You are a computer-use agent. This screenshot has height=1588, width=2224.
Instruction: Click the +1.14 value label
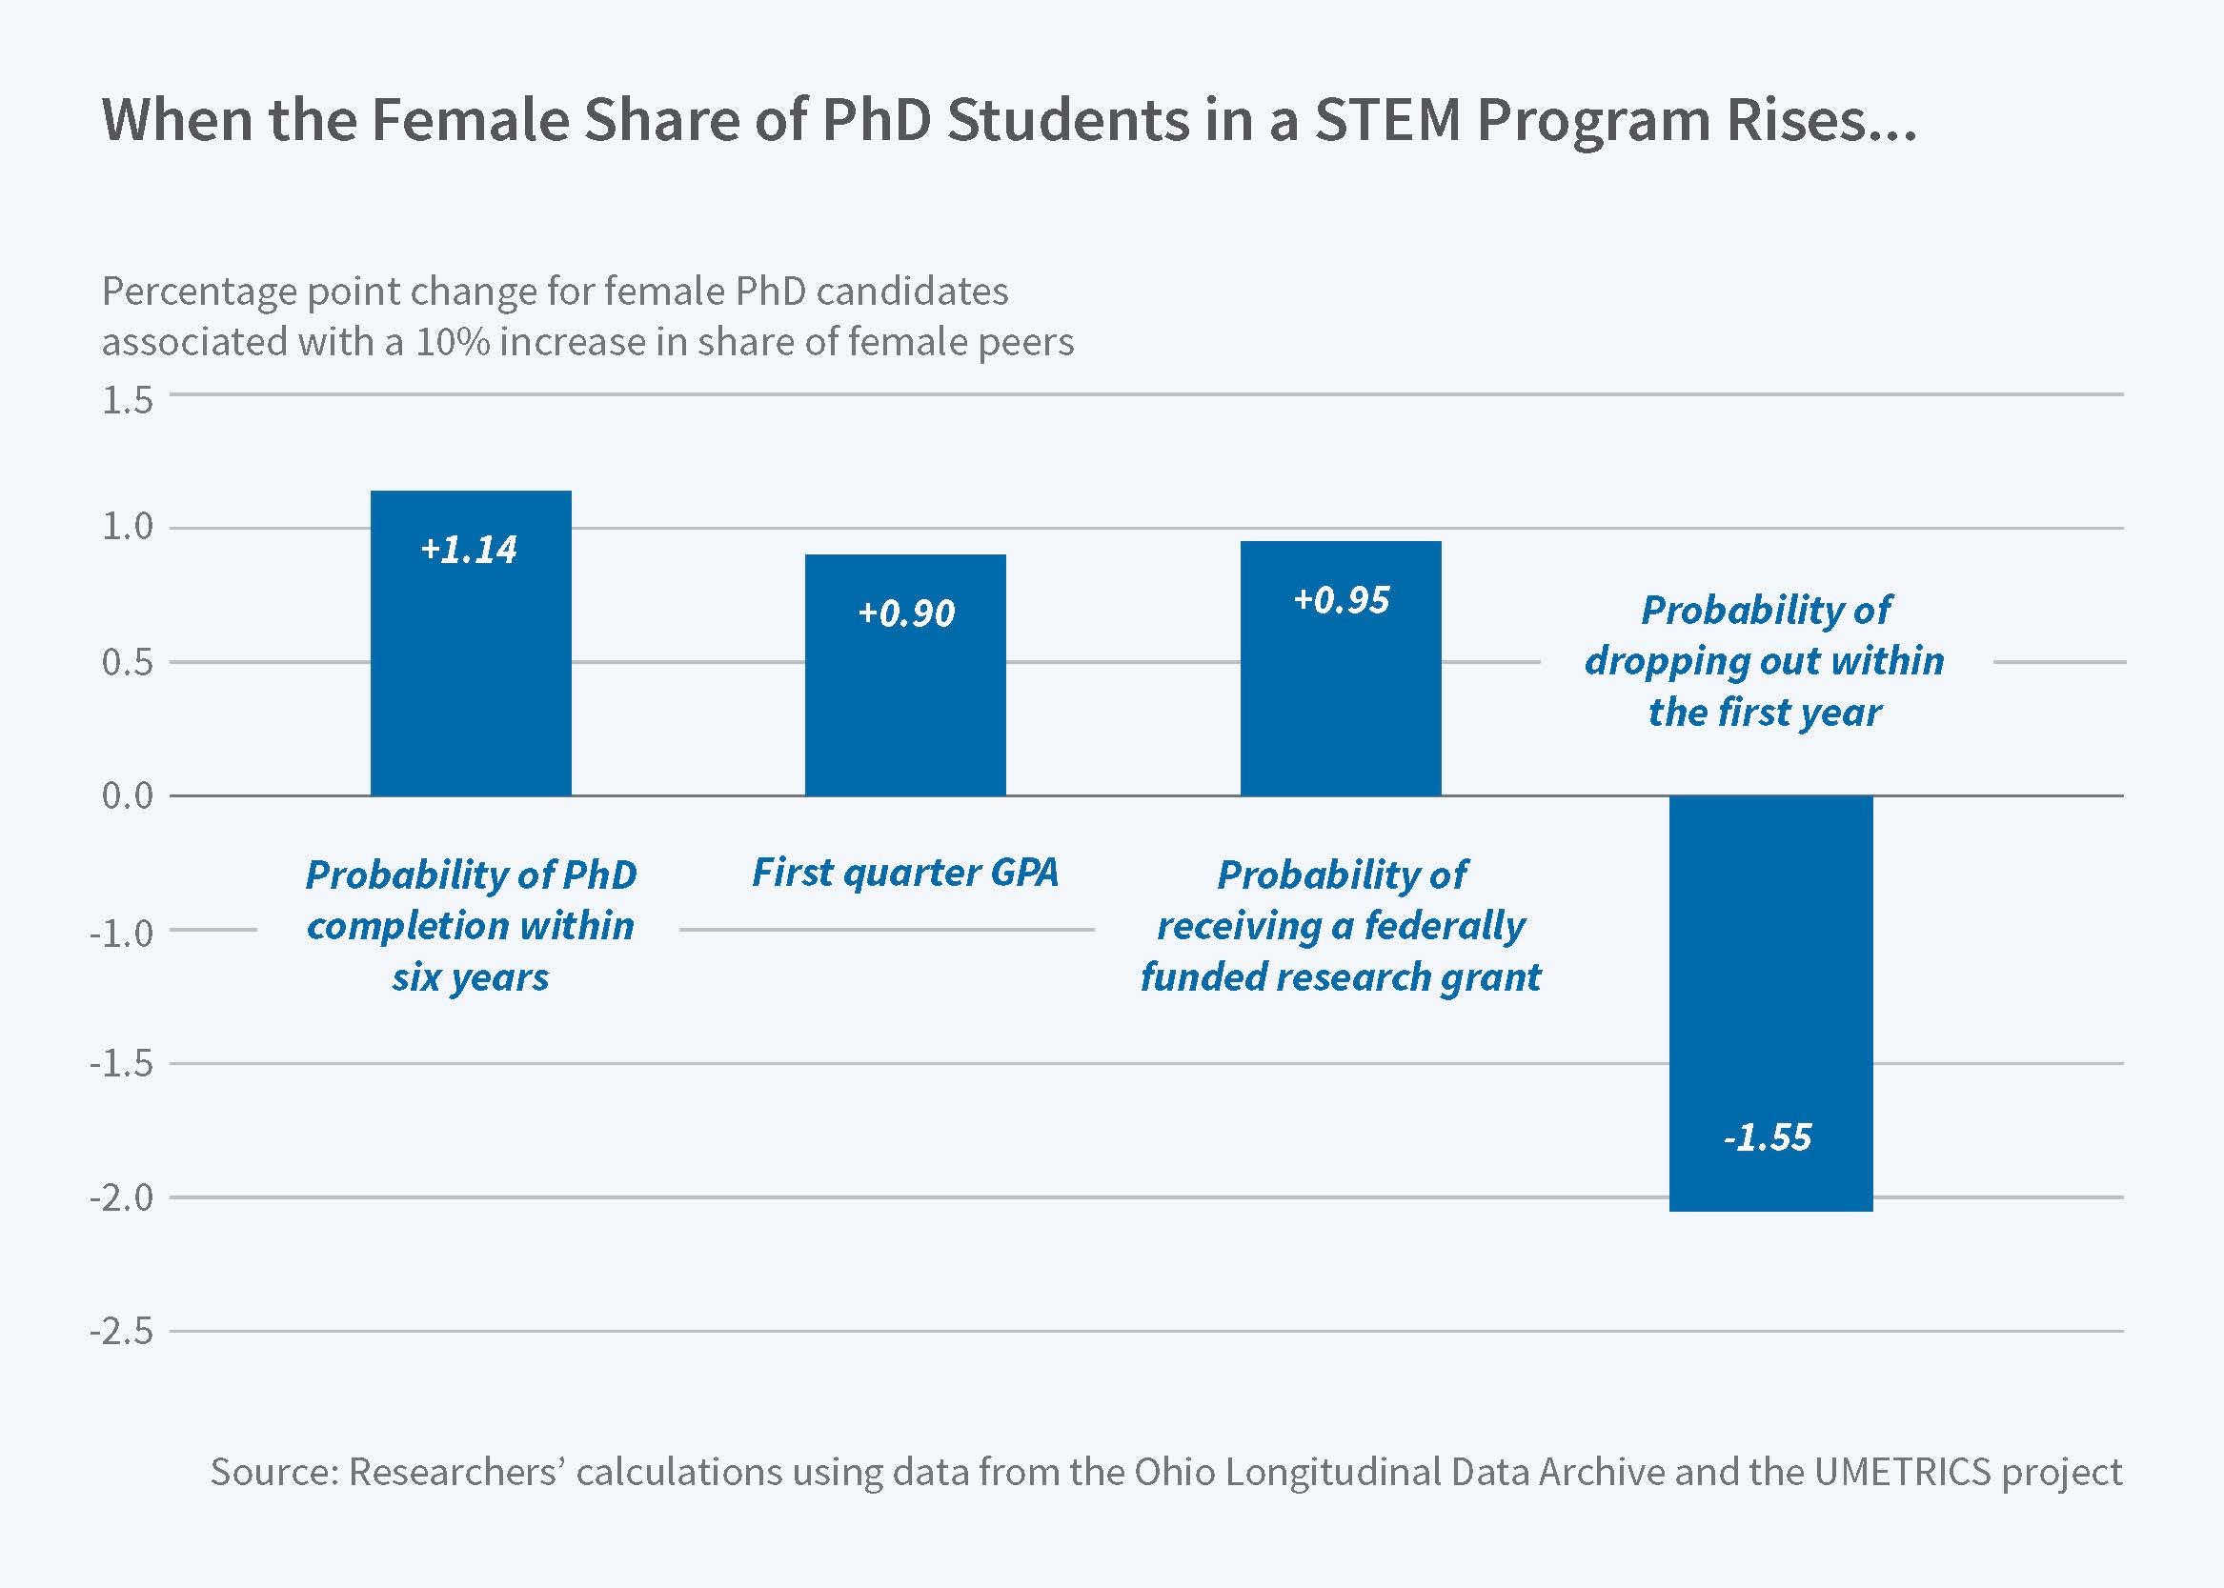point(469,550)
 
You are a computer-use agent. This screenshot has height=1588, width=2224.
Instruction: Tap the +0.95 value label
point(1341,599)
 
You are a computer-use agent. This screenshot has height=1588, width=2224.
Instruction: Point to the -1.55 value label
point(1768,1137)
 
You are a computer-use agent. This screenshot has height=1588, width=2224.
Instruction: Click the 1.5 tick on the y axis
point(127,401)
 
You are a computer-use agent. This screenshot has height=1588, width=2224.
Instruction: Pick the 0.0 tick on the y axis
point(127,796)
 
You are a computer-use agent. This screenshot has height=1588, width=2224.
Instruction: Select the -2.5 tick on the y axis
point(121,1332)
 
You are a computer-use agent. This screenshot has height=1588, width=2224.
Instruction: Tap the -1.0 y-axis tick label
point(121,933)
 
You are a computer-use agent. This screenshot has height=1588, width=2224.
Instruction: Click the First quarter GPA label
point(904,873)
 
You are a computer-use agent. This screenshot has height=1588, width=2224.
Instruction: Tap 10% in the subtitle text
point(452,342)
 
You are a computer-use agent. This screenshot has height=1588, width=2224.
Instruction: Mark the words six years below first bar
point(471,977)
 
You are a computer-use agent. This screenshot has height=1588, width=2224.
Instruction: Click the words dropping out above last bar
point(1702,662)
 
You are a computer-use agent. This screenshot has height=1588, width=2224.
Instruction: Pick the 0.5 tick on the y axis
point(127,663)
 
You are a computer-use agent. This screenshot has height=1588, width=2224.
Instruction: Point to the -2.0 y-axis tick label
point(121,1197)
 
